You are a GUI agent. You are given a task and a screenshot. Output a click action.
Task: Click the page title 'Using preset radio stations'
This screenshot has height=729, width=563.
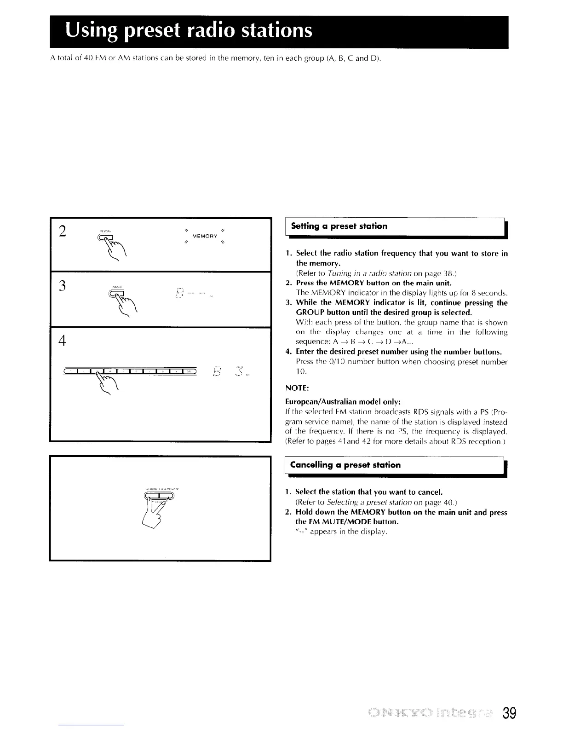tap(189, 31)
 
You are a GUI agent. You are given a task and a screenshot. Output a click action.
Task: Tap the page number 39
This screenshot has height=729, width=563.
tap(510, 714)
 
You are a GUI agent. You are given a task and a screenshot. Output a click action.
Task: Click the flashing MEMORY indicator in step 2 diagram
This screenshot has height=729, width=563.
tap(204, 236)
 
